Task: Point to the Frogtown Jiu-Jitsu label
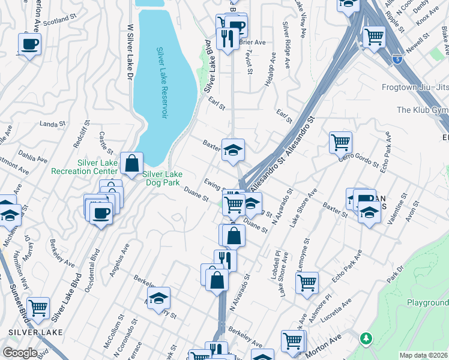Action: (415, 87)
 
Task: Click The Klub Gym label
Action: (423, 110)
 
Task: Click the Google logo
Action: (19, 352)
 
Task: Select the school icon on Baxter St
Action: (233, 149)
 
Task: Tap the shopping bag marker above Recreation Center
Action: (131, 162)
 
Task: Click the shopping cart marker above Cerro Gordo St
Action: (340, 142)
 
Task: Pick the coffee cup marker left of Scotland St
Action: (29, 43)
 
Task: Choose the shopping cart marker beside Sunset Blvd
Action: (38, 307)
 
